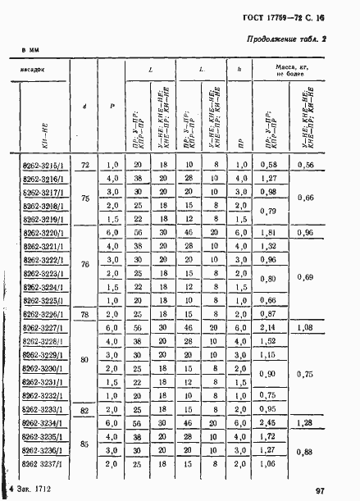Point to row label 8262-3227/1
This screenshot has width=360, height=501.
[43, 328]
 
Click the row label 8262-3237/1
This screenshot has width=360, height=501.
[43, 463]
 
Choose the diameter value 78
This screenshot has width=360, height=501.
[84, 314]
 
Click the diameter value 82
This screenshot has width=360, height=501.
[84, 408]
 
